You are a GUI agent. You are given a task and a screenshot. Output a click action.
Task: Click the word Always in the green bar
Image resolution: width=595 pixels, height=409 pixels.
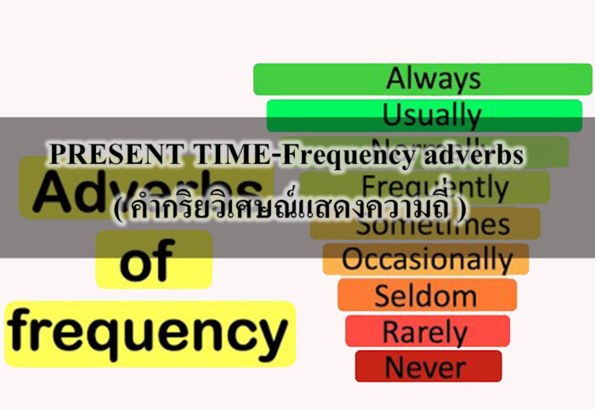pyautogui.click(x=433, y=79)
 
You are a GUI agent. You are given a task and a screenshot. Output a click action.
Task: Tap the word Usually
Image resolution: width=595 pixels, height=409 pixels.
pyautogui.click(x=432, y=114)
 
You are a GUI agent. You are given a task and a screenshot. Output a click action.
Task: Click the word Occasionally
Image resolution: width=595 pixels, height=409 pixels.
pyautogui.click(x=427, y=259)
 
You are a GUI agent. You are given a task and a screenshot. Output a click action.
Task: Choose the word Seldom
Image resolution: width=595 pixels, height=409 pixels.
pyautogui.click(x=425, y=296)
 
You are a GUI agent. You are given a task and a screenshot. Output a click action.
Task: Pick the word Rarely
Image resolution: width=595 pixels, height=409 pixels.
pyautogui.click(x=425, y=331)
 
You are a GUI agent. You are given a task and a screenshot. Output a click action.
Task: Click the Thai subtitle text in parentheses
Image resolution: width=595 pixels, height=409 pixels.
pyautogui.click(x=289, y=210)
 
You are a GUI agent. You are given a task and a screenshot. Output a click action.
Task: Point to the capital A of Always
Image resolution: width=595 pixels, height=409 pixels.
pyautogui.click(x=395, y=79)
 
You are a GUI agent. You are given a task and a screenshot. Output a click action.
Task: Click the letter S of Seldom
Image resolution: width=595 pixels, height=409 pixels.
pyautogui.click(x=382, y=296)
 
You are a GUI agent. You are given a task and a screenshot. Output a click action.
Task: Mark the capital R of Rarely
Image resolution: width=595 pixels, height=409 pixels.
pyautogui.click(x=392, y=331)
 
